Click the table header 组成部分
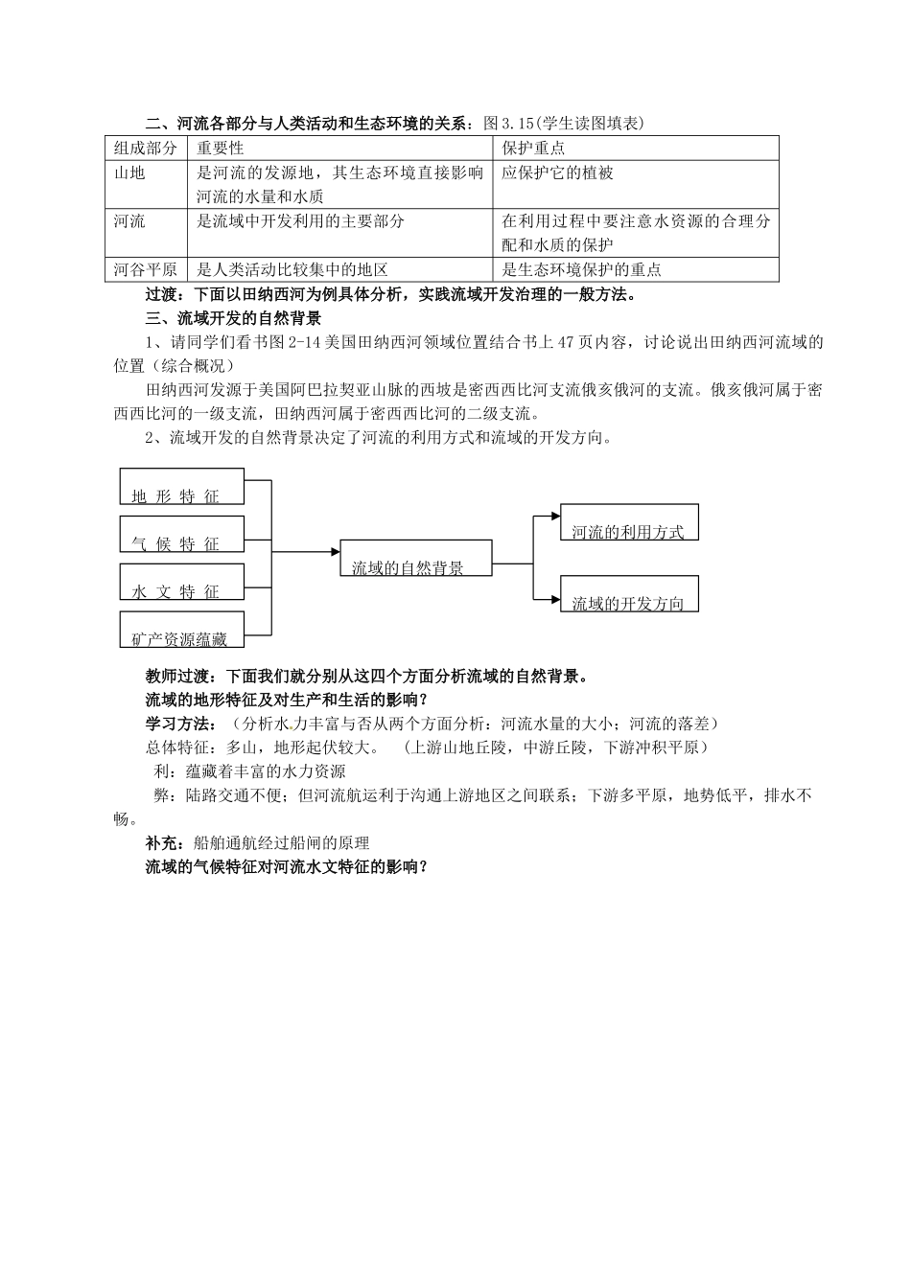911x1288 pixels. pyautogui.click(x=146, y=149)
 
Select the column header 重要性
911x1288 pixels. pyautogui.click(x=221, y=149)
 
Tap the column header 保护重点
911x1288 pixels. pyautogui.click(x=533, y=149)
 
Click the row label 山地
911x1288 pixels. pyautogui.click(x=129, y=173)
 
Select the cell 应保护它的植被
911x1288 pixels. pyautogui.click(x=557, y=173)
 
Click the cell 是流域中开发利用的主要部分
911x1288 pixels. pyautogui.click(x=300, y=221)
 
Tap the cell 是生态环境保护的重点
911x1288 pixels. pyautogui.click(x=581, y=270)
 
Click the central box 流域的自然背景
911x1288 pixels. pyautogui.click(x=415, y=559)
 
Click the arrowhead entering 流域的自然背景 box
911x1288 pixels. pyautogui.click(x=336, y=552)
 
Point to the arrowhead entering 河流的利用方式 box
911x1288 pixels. pyautogui.click(x=555, y=517)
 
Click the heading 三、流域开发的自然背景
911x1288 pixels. pyautogui.click(x=233, y=317)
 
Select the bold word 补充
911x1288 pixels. pyautogui.click(x=159, y=843)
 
